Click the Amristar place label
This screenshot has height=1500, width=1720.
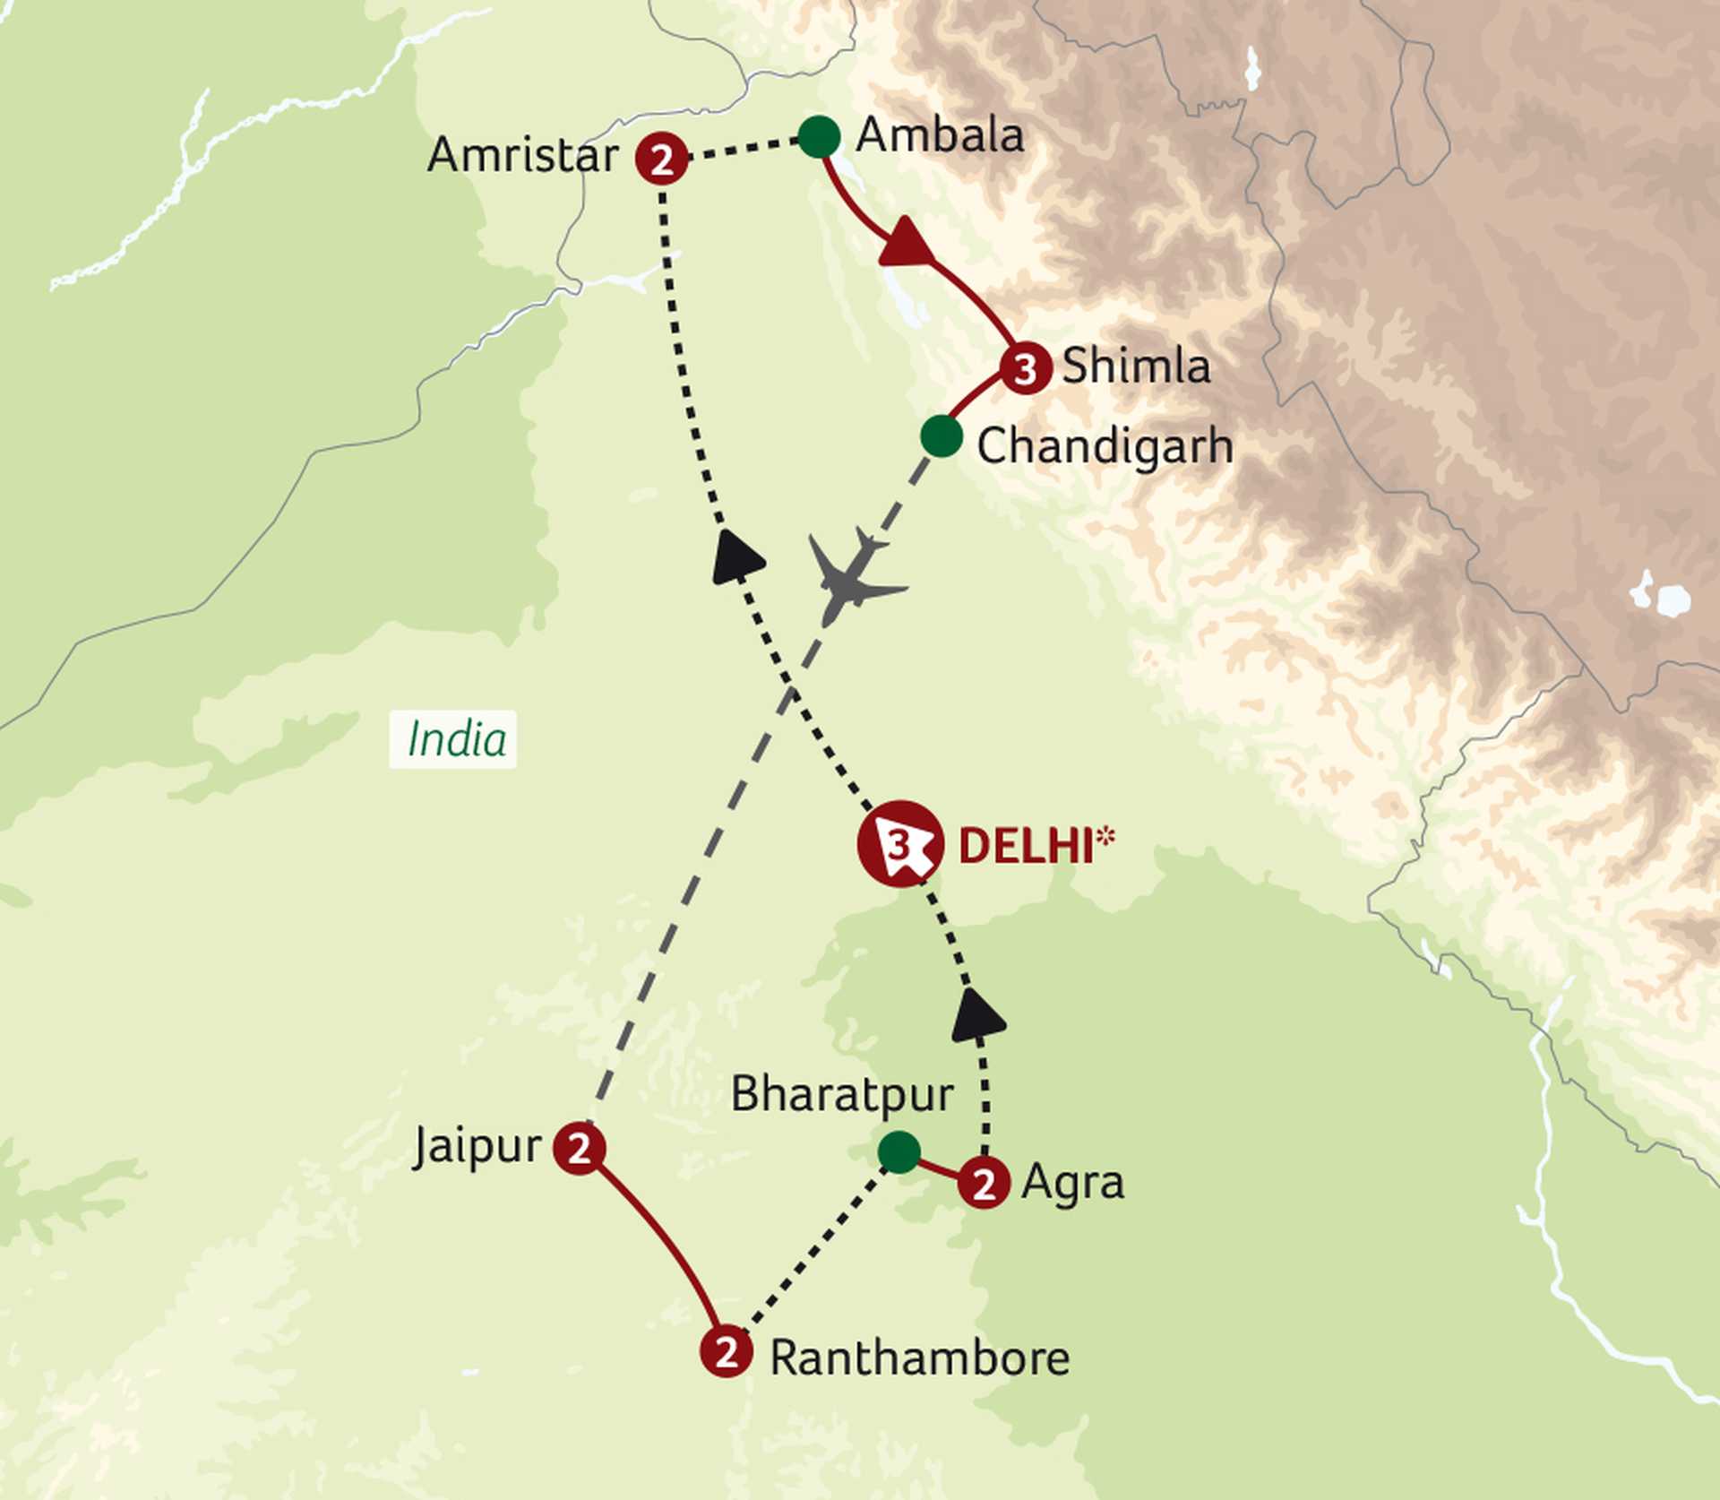click(522, 156)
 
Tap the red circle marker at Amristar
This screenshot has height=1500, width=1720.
click(661, 159)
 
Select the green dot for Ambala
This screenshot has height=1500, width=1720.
click(819, 137)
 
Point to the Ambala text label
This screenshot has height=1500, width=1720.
click(940, 136)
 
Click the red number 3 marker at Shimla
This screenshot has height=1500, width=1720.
click(1026, 368)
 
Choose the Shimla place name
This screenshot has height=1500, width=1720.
click(1135, 366)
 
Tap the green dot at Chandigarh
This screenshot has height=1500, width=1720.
click(942, 436)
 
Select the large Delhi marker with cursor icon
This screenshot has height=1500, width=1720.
click(900, 844)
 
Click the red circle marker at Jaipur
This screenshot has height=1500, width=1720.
click(580, 1148)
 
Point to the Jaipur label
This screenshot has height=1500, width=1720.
click(478, 1146)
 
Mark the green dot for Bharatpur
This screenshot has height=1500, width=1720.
click(899, 1151)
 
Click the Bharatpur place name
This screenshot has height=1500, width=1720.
click(842, 1094)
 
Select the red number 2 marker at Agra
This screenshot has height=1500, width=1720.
click(984, 1184)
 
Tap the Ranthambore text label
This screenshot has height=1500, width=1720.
click(919, 1358)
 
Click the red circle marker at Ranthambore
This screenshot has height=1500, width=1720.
click(726, 1350)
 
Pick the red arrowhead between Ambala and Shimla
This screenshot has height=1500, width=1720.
click(907, 244)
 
